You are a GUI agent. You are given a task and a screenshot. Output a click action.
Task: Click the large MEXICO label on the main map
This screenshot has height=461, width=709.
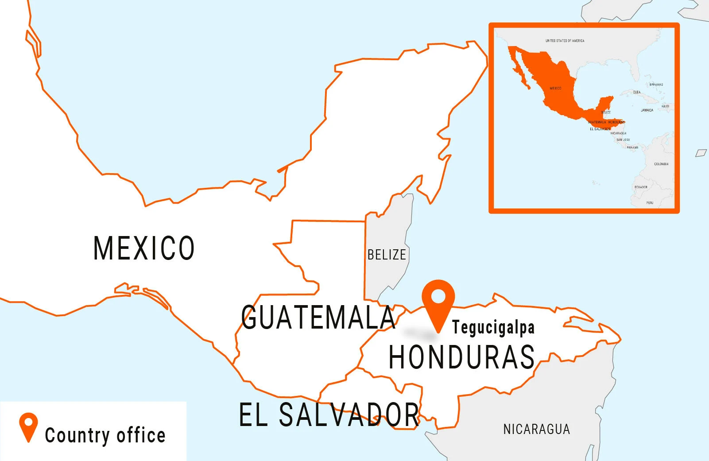click(x=144, y=248)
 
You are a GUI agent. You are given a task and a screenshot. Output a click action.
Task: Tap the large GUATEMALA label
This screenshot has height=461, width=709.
click(x=318, y=318)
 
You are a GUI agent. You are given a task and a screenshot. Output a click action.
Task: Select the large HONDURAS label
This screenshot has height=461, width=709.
click(x=461, y=357)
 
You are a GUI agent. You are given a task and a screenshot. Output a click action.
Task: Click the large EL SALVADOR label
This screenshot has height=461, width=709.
click(x=329, y=415)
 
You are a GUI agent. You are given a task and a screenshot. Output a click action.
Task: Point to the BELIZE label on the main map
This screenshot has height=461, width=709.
click(x=387, y=255)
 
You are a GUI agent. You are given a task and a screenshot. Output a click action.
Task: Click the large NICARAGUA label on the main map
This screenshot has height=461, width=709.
click(x=536, y=429)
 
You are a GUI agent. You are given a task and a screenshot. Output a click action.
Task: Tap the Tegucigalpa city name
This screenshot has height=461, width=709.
click(x=493, y=328)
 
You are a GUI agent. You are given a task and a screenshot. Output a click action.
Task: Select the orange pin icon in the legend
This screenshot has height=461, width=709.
click(x=28, y=426)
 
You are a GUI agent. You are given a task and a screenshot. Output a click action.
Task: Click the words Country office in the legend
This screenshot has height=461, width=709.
click(x=105, y=435)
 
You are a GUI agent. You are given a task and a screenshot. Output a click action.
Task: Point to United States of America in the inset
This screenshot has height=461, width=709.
click(x=565, y=41)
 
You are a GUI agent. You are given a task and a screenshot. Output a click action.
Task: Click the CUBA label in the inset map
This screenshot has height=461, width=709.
click(x=636, y=92)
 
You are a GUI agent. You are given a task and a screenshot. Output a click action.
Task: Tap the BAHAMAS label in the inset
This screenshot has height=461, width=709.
click(x=656, y=85)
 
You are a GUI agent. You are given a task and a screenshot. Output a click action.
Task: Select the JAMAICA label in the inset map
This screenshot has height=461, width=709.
click(x=647, y=110)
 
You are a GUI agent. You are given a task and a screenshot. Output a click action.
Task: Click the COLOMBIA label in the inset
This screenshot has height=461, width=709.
click(x=661, y=164)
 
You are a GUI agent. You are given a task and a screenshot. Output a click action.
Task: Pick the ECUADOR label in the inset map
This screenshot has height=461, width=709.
click(x=641, y=187)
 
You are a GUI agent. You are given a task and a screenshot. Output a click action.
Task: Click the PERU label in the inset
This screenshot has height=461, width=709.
click(x=650, y=203)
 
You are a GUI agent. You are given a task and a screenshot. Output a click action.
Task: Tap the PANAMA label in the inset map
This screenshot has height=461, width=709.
click(x=632, y=147)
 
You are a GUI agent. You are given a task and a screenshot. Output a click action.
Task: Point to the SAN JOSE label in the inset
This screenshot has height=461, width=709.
click(x=623, y=140)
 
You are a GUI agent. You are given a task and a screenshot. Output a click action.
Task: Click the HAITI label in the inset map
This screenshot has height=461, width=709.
click(x=665, y=106)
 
